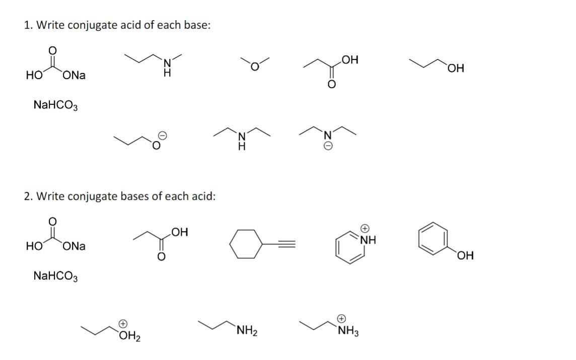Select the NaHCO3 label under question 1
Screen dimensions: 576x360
[55, 106]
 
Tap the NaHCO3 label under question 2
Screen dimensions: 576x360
[55, 276]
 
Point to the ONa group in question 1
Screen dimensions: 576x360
[75, 76]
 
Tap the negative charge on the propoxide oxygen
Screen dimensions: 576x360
[163, 135]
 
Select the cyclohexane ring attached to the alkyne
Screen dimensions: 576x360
[246, 244]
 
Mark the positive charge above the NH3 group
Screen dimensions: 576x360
[341, 318]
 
